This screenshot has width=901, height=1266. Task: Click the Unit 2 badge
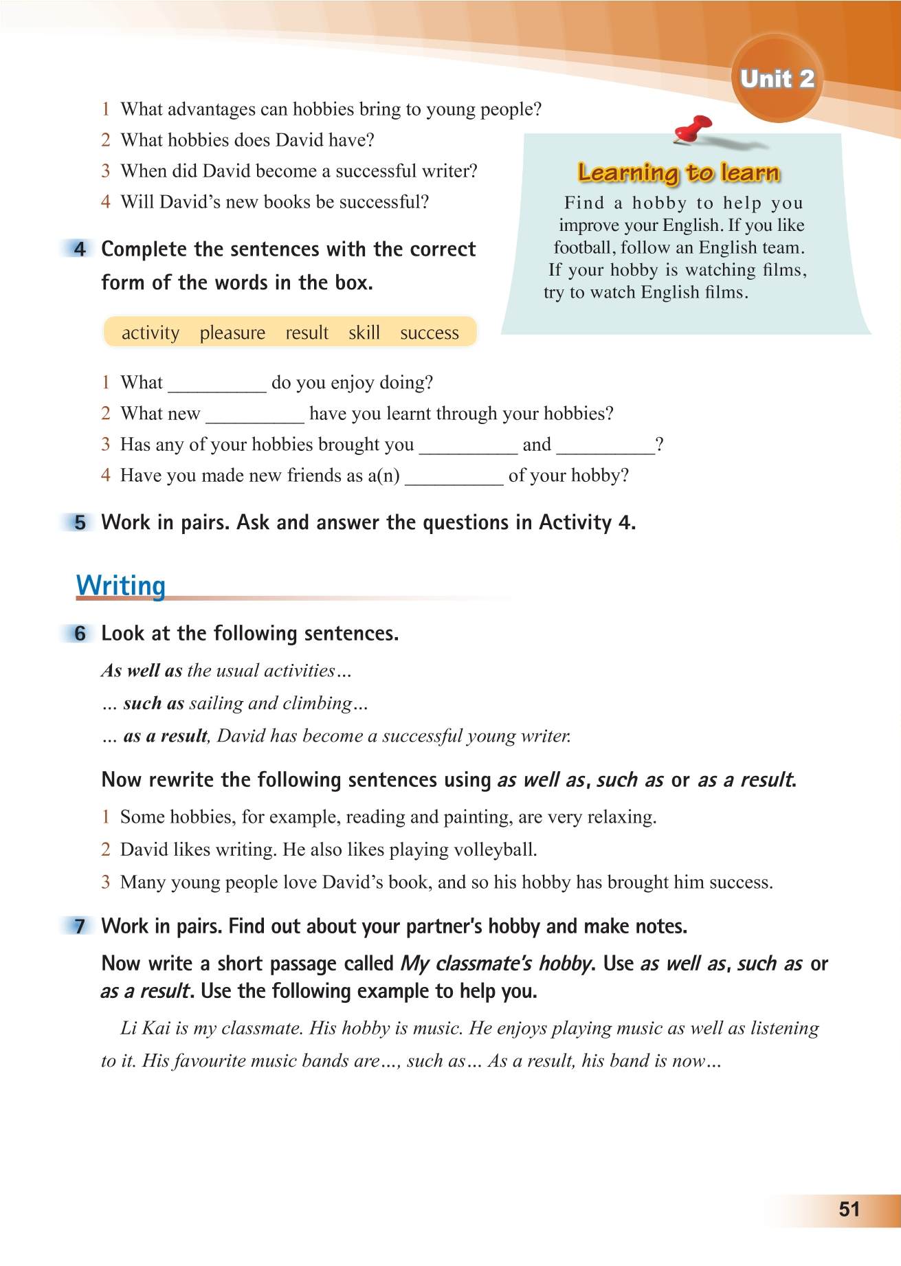(x=777, y=79)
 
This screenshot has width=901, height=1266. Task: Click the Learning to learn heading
(x=679, y=173)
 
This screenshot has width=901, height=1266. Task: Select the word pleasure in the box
(x=232, y=333)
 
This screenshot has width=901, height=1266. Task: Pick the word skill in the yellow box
(x=364, y=333)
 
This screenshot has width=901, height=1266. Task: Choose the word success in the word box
(x=429, y=333)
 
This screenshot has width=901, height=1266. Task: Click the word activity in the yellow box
(x=150, y=333)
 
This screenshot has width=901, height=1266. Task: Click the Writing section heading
(x=121, y=586)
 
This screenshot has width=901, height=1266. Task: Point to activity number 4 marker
(x=80, y=249)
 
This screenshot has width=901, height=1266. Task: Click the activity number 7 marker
(x=80, y=926)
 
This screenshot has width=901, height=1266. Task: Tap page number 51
(x=849, y=1210)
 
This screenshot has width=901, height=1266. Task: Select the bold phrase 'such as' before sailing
(x=153, y=703)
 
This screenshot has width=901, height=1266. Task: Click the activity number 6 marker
(x=80, y=634)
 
